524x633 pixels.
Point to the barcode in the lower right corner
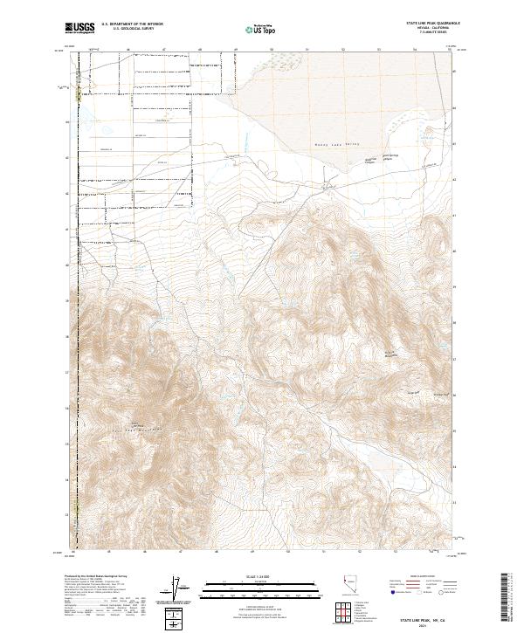click(x=505, y=598)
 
